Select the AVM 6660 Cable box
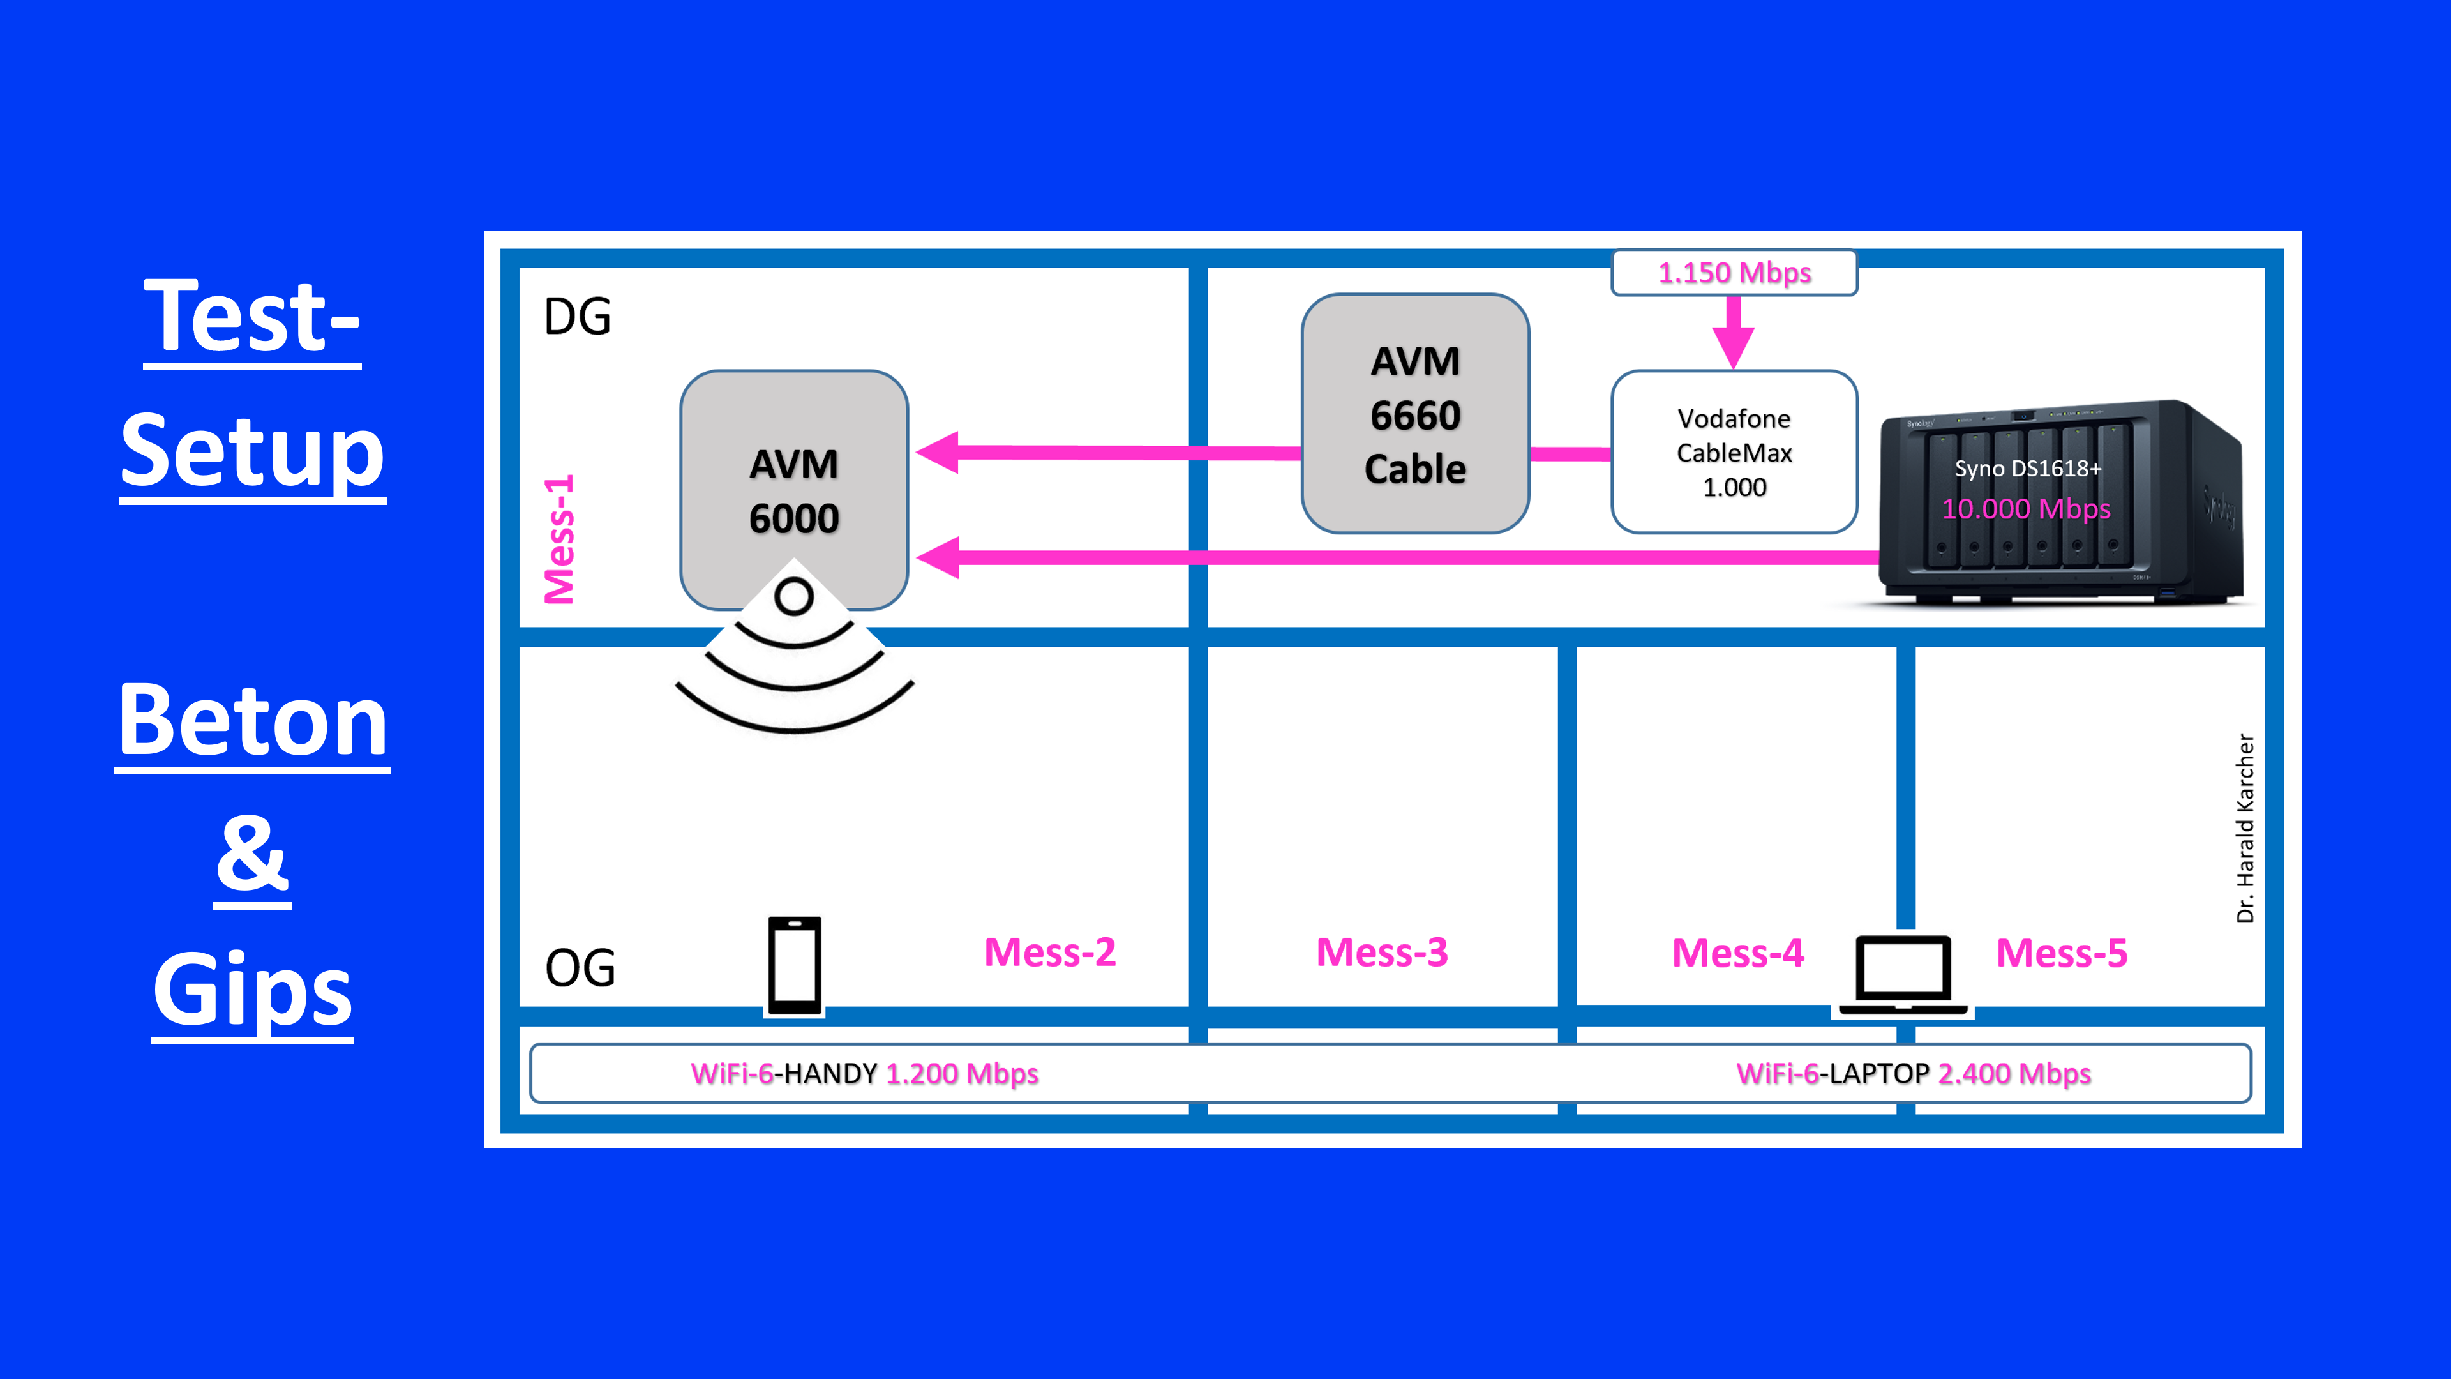(1415, 414)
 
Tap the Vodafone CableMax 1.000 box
(1734, 452)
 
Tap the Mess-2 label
(1049, 953)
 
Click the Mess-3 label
(1381, 953)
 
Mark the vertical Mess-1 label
(560, 539)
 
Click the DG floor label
(578, 317)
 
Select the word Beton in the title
(253, 721)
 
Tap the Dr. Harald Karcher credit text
(2245, 828)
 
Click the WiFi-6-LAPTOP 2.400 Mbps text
(1914, 1073)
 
